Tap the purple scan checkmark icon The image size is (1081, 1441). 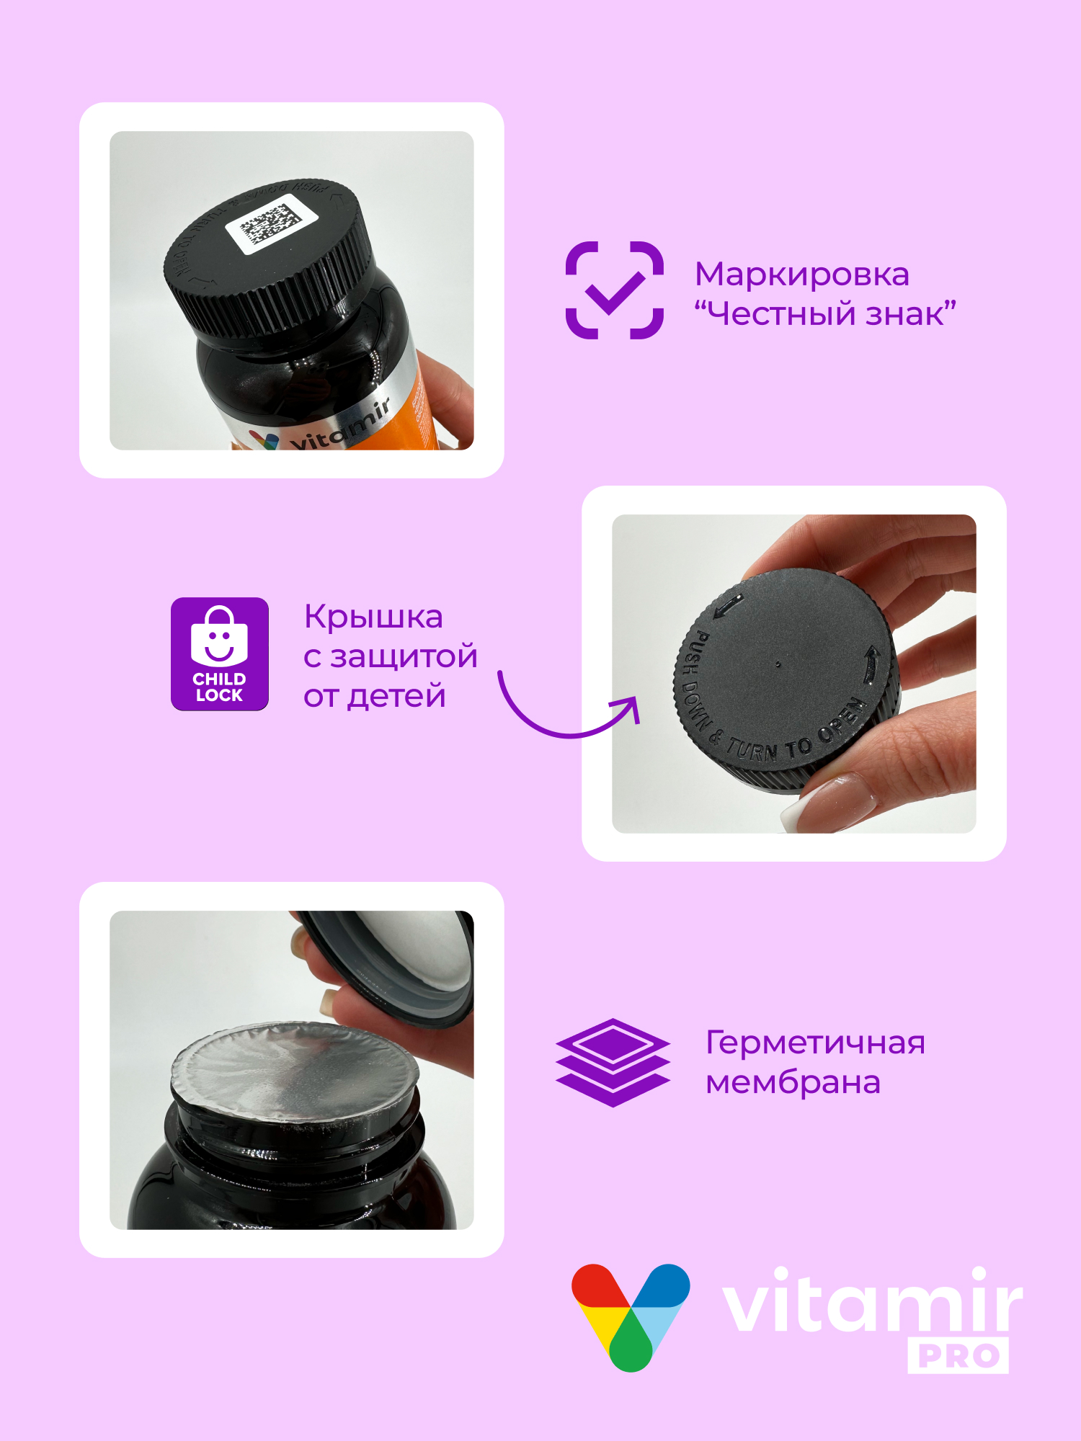(x=614, y=290)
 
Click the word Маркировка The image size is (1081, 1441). (x=801, y=275)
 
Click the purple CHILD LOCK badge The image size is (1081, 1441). (x=220, y=653)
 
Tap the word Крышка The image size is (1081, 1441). (x=373, y=617)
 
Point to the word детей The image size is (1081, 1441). (x=396, y=696)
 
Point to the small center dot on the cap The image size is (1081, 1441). (x=778, y=664)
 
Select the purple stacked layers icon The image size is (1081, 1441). (x=613, y=1062)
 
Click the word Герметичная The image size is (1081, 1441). (x=814, y=1043)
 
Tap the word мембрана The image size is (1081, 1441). (x=793, y=1082)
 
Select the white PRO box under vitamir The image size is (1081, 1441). (x=958, y=1356)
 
